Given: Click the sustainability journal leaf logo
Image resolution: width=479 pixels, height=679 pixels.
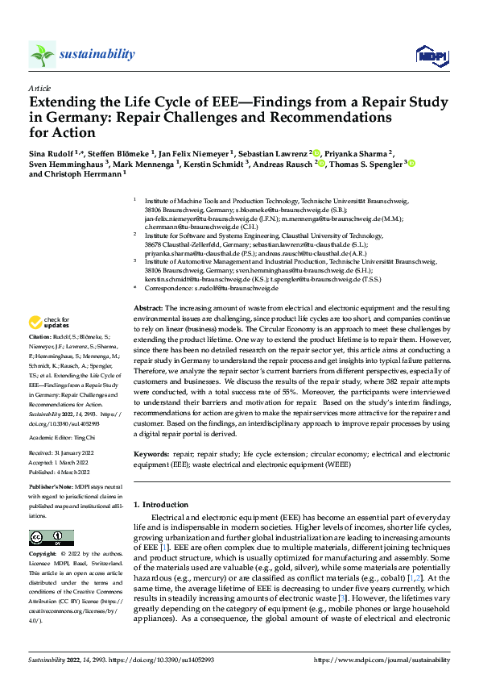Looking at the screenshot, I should click(x=43, y=54).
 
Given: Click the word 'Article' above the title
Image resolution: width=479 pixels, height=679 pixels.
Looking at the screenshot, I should click(x=39, y=87).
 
